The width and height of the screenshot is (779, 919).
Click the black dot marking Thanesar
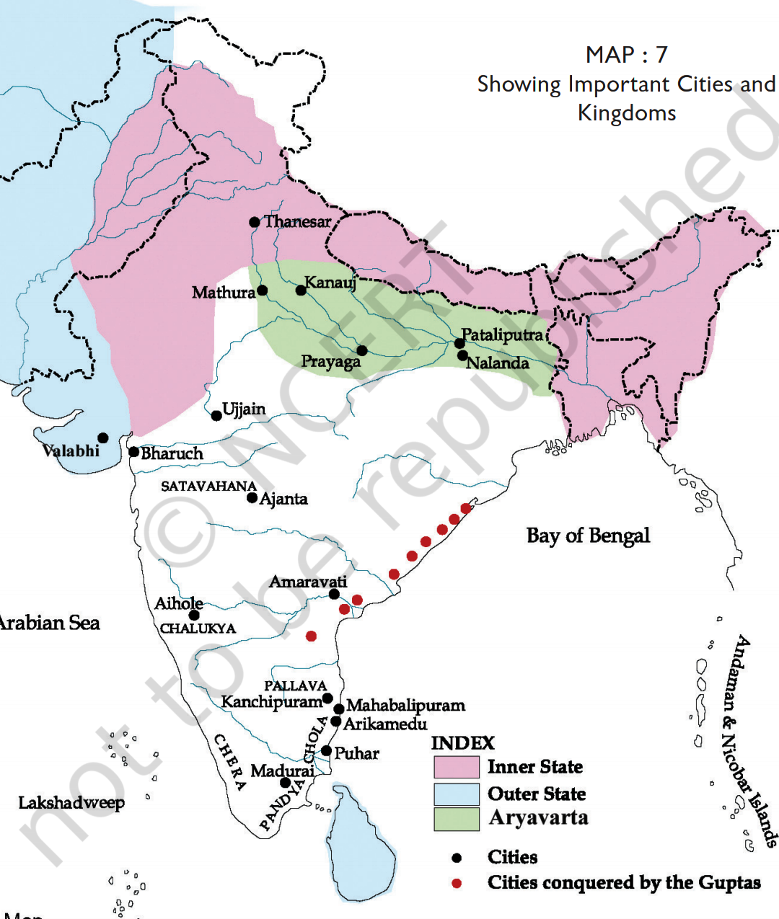[254, 222]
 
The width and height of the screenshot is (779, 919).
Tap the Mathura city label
[223, 293]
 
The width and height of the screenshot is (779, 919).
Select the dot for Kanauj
[301, 290]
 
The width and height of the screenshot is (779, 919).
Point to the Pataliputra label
[503, 334]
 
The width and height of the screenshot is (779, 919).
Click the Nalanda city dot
[462, 355]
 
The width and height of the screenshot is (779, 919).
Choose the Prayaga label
[330, 361]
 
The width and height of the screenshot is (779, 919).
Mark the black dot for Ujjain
[216, 416]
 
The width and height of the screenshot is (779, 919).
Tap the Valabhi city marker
[103, 438]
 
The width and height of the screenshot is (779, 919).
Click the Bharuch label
[172, 453]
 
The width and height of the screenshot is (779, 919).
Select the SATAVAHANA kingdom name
[208, 486]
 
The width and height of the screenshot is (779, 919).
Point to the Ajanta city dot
[252, 498]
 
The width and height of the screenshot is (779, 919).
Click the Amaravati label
[308, 582]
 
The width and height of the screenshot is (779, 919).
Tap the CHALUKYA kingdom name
[198, 629]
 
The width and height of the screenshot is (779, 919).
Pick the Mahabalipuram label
[405, 705]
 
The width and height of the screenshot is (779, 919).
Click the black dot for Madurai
[285, 783]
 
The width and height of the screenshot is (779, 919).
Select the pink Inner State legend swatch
[456, 767]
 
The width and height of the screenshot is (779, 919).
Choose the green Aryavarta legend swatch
[456, 819]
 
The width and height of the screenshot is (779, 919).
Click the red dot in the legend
[457, 883]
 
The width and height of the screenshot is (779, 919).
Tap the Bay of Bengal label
[588, 536]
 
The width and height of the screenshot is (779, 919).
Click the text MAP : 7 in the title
[626, 55]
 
